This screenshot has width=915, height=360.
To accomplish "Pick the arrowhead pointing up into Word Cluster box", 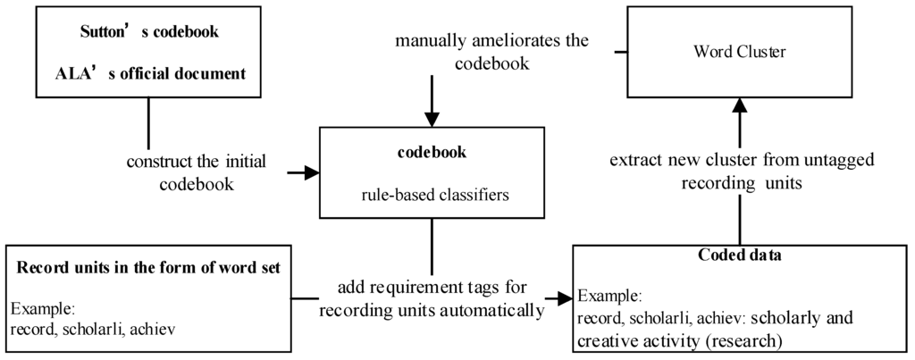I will tap(738, 106).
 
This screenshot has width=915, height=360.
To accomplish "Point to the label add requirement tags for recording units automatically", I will tap(432, 298).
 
